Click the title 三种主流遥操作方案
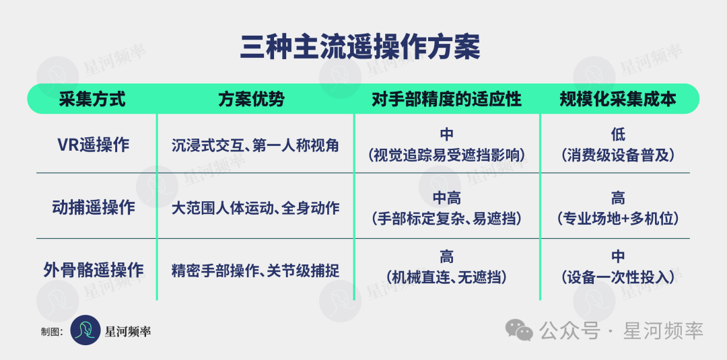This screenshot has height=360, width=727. pyautogui.click(x=359, y=48)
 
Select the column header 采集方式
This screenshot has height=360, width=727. pyautogui.click(x=92, y=99)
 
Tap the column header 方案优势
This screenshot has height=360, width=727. pyautogui.click(x=251, y=99)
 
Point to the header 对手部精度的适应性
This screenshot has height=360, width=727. pyautogui.click(x=446, y=99)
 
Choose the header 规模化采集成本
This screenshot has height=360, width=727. pyautogui.click(x=617, y=99)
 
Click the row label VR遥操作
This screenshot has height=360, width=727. pyautogui.click(x=93, y=145)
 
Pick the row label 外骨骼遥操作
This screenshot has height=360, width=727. pyautogui.click(x=94, y=270)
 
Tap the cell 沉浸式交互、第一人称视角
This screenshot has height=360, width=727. pyautogui.click(x=255, y=145)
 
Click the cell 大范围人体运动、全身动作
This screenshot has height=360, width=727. pyautogui.click(x=255, y=207)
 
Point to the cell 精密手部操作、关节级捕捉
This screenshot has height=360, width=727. pyautogui.click(x=255, y=270)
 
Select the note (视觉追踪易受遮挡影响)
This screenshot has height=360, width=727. pyautogui.click(x=446, y=155)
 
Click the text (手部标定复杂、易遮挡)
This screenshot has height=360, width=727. pyautogui.click(x=446, y=218)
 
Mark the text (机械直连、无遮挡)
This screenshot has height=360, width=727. pyautogui.click(x=446, y=277)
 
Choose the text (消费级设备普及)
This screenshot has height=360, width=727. pyautogui.click(x=617, y=155)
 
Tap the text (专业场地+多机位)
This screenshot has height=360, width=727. pyautogui.click(x=617, y=218)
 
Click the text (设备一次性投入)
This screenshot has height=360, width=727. pyautogui.click(x=617, y=277)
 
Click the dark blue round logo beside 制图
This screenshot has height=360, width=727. pyautogui.click(x=85, y=330)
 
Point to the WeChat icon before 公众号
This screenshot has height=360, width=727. pyautogui.click(x=519, y=330)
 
